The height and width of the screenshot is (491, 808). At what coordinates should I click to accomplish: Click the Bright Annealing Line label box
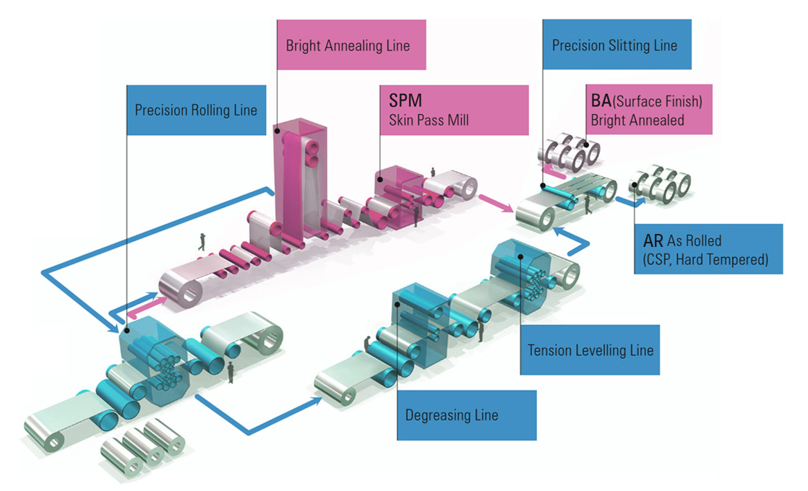(x=351, y=45)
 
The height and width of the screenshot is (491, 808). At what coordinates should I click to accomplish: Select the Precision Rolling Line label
(x=196, y=110)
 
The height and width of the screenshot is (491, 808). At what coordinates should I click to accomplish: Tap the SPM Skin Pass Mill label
(x=455, y=110)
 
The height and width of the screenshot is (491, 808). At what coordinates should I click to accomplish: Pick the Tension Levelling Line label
(x=590, y=350)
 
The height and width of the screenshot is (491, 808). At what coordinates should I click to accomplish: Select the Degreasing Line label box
(x=467, y=414)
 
